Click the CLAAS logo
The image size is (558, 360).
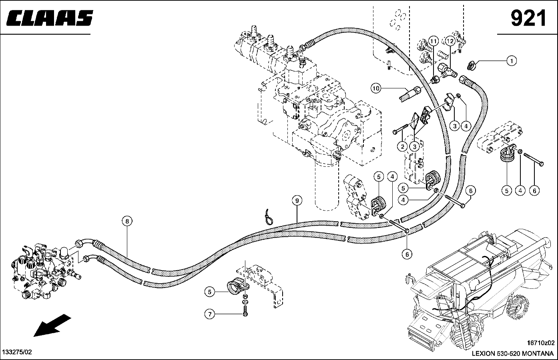coord(50,18)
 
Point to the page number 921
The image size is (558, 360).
coord(528,18)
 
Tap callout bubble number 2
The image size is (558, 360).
coord(403,147)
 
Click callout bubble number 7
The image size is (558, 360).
coord(209,314)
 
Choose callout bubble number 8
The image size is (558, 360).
coord(127,220)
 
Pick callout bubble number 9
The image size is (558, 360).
coord(297,201)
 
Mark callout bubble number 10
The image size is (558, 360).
coord(375,88)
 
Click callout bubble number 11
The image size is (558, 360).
coord(433,41)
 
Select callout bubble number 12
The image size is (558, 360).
coord(450,41)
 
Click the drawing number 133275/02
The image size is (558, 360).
coord(17,352)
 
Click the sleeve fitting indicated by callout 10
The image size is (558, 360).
coord(409,94)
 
